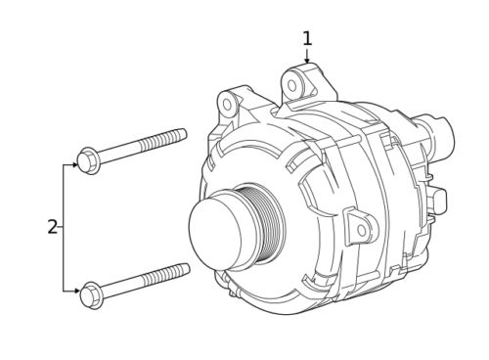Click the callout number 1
[x=307, y=38]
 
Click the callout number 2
[x=53, y=227]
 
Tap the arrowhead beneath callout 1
[x=307, y=61]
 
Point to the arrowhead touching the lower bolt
[x=75, y=290]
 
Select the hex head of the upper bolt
[x=87, y=159]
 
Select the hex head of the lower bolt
[x=92, y=292]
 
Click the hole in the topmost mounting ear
[x=293, y=85]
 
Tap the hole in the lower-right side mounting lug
[x=360, y=231]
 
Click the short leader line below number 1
[x=307, y=53]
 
